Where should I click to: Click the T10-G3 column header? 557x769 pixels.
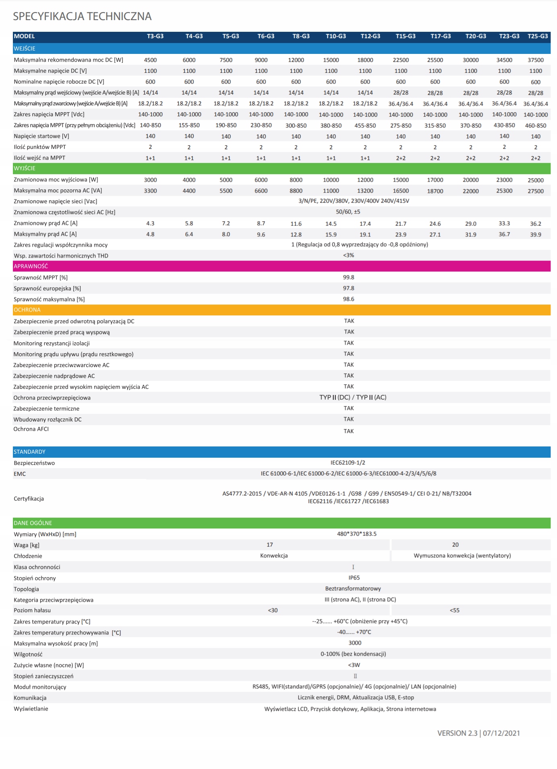tap(336, 36)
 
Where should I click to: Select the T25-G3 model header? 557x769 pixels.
tap(538, 36)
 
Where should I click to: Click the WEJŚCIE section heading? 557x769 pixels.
tap(25, 48)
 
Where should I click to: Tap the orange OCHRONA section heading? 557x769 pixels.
tap(27, 310)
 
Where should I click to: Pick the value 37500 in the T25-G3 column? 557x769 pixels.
tap(536, 60)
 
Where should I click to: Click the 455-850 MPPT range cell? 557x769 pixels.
tap(365, 125)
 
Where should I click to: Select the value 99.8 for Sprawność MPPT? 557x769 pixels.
tap(349, 277)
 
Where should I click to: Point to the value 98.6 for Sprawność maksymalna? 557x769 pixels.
tap(349, 299)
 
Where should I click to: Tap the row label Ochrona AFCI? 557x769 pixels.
tap(31, 429)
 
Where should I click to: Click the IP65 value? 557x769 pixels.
tap(354, 578)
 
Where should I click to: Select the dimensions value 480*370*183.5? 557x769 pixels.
tap(357, 534)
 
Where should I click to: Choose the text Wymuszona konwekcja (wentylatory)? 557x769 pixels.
tap(462, 555)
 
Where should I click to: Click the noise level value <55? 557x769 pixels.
tap(454, 610)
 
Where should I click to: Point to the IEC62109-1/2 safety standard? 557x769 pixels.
tap(348, 463)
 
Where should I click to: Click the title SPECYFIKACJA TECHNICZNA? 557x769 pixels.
tap(82, 16)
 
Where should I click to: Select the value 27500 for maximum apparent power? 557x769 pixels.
tap(536, 191)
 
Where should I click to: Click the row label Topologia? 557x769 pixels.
tap(26, 589)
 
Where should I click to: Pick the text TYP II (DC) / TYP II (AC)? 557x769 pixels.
tap(353, 397)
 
